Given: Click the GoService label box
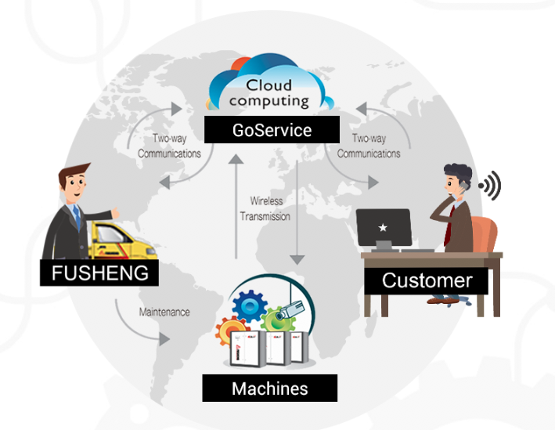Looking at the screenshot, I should click(x=272, y=130).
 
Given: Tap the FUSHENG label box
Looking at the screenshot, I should click(x=99, y=274).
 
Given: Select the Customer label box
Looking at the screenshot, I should click(x=426, y=280).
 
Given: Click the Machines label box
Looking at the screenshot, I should click(x=269, y=388).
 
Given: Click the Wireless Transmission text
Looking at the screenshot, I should click(x=265, y=209).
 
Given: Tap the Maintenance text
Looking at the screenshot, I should click(x=164, y=312).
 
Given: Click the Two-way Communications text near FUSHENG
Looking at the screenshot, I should click(x=169, y=146).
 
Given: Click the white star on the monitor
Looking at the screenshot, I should click(x=383, y=227).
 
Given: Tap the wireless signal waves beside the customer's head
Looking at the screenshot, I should click(x=490, y=186).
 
